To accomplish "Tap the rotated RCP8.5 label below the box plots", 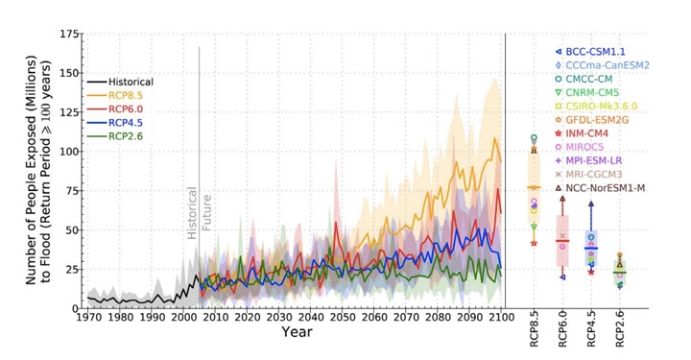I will [x=535, y=331].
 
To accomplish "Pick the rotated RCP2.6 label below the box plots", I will [x=620, y=331].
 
